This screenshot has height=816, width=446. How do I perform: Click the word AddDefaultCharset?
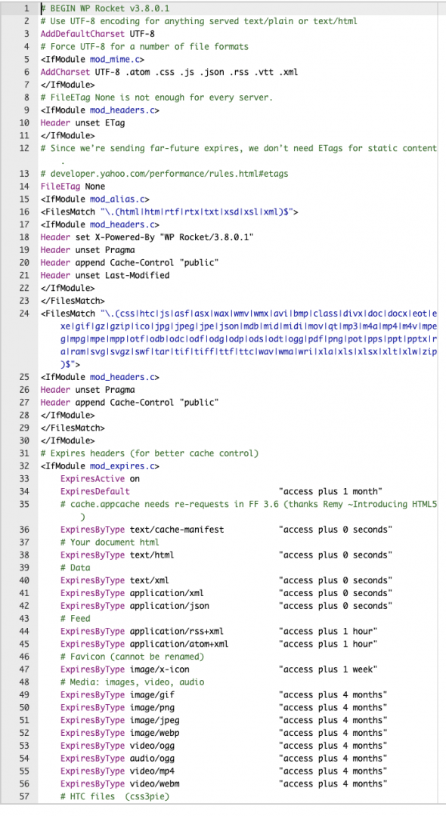pos(82,34)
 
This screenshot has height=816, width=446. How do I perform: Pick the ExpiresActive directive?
pos(93,479)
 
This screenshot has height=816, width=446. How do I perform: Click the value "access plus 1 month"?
pos(330,491)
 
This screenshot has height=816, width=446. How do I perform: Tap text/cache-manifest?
pos(177,530)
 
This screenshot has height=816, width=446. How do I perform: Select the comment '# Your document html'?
pos(110,542)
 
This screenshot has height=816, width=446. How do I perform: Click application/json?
pos(169,606)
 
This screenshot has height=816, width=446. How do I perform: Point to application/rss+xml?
pos(177,631)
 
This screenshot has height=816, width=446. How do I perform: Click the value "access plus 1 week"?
pos(328,669)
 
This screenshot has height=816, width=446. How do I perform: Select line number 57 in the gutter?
pos(24,796)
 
